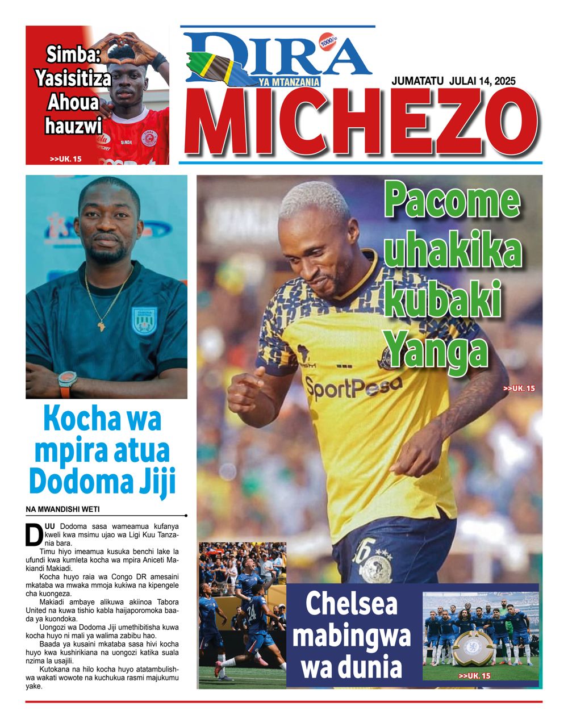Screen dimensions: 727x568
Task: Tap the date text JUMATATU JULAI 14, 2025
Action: pyautogui.click(x=453, y=81)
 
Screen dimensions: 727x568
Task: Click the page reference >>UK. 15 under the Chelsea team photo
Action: pyautogui.click(x=474, y=676)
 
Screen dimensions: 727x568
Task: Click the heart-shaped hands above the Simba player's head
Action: pyautogui.click(x=129, y=43)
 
